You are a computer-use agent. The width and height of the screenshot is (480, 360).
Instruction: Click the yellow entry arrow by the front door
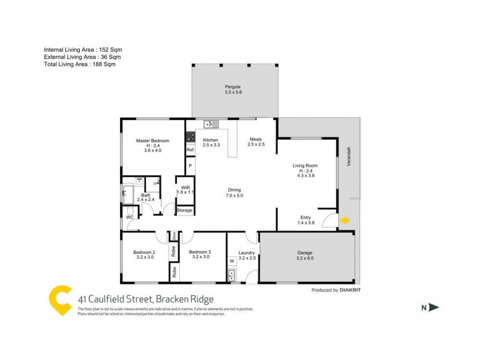click(x=344, y=221)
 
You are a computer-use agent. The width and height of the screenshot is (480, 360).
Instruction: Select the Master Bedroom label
click(x=152, y=140)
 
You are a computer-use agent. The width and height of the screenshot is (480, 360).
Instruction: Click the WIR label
click(x=184, y=187)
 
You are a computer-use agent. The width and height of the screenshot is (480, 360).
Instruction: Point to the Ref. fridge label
click(x=190, y=149)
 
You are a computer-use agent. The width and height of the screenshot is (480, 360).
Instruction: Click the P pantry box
click(x=190, y=165)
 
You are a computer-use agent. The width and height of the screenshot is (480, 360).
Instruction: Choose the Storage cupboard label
click(x=185, y=211)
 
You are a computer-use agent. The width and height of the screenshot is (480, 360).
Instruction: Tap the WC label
click(x=129, y=217)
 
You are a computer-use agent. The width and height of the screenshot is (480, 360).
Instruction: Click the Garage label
click(x=305, y=253)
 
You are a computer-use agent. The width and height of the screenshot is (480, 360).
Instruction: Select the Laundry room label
click(x=247, y=253)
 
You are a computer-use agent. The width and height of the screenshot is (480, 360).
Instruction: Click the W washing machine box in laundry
click(x=232, y=261)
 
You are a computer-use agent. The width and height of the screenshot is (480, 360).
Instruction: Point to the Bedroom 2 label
click(x=144, y=252)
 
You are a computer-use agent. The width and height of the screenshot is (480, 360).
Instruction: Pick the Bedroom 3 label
click(x=200, y=252)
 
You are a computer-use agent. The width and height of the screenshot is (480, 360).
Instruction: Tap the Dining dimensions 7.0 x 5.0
click(x=234, y=195)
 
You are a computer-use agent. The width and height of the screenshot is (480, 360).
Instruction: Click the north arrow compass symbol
click(x=431, y=307)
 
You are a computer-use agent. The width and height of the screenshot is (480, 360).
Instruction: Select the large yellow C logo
click(x=60, y=300)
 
